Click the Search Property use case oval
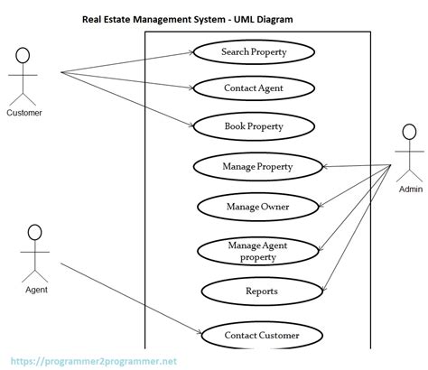pyautogui.click(x=254, y=52)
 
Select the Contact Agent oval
pyautogui.click(x=254, y=88)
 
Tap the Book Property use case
pyautogui.click(x=254, y=126)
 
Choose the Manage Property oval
pyautogui.click(x=257, y=167)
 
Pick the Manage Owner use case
pyautogui.click(x=257, y=207)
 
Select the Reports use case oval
pyautogui.click(x=261, y=291)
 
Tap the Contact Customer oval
pyautogui.click(x=261, y=337)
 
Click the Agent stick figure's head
pyautogui.click(x=35, y=232)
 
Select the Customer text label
pyautogui.click(x=24, y=114)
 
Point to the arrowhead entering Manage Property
pyautogui.click(x=324, y=167)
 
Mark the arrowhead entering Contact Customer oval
pyautogui.click(x=196, y=334)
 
